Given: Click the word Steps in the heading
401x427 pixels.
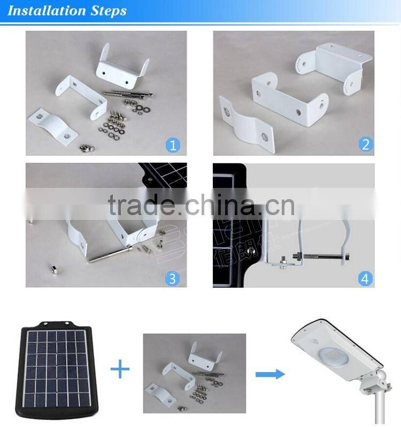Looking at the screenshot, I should click(x=108, y=11).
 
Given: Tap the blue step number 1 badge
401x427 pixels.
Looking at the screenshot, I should click(x=173, y=144).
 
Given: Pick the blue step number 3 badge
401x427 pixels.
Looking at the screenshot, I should click(x=173, y=278).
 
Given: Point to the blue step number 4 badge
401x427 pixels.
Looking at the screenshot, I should click(x=366, y=278).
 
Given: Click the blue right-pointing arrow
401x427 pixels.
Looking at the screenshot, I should click(x=269, y=374).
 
